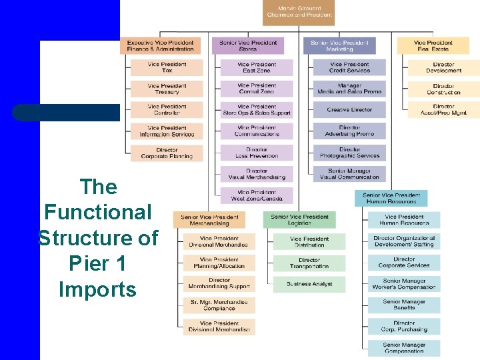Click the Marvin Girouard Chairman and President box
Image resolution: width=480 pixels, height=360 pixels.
coord(299,12)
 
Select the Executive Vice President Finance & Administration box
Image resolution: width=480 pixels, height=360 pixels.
coord(160,45)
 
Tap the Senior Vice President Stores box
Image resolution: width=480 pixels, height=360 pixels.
coord(247,45)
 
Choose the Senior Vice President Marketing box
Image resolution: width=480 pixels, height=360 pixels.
coord(339,45)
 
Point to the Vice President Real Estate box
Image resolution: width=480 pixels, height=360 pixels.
coord(433,45)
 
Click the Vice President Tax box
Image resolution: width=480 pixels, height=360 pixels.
coord(167,67)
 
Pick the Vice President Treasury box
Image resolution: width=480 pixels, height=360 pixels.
coord(167,89)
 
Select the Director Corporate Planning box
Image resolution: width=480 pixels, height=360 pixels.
coord(167,153)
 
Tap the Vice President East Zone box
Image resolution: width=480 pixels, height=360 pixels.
coord(257,67)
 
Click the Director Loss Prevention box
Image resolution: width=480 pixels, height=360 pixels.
coord(257,153)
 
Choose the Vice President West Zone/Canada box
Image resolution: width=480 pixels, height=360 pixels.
coord(257,195)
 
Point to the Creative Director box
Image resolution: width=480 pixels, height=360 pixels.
coord(349,110)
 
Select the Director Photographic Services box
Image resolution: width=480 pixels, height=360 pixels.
coord(349,153)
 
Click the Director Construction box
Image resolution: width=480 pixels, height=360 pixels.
coord(443,89)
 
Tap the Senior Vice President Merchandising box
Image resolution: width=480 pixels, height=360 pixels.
coord(209,220)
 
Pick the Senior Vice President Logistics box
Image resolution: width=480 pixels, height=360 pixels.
coord(299,220)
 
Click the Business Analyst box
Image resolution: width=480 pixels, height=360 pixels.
coord(309,284)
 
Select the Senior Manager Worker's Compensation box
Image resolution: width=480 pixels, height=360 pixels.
coord(404,284)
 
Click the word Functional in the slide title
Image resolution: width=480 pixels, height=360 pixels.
coord(98,212)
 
